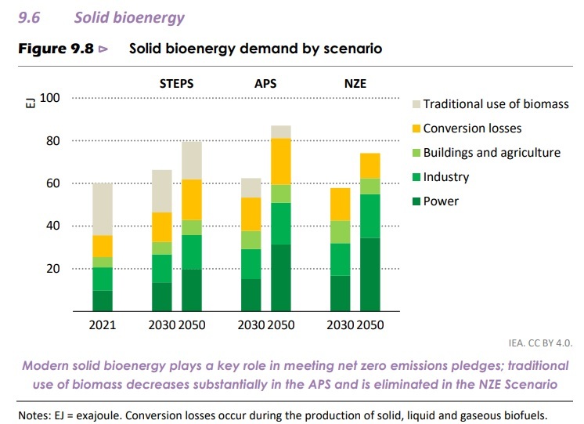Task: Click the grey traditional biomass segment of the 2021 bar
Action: tap(103, 209)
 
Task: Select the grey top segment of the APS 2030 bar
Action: tap(251, 187)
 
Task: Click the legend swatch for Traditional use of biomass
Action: tap(416, 104)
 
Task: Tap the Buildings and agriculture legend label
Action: tap(492, 152)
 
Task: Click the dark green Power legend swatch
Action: tap(416, 201)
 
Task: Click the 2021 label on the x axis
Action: tap(103, 324)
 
